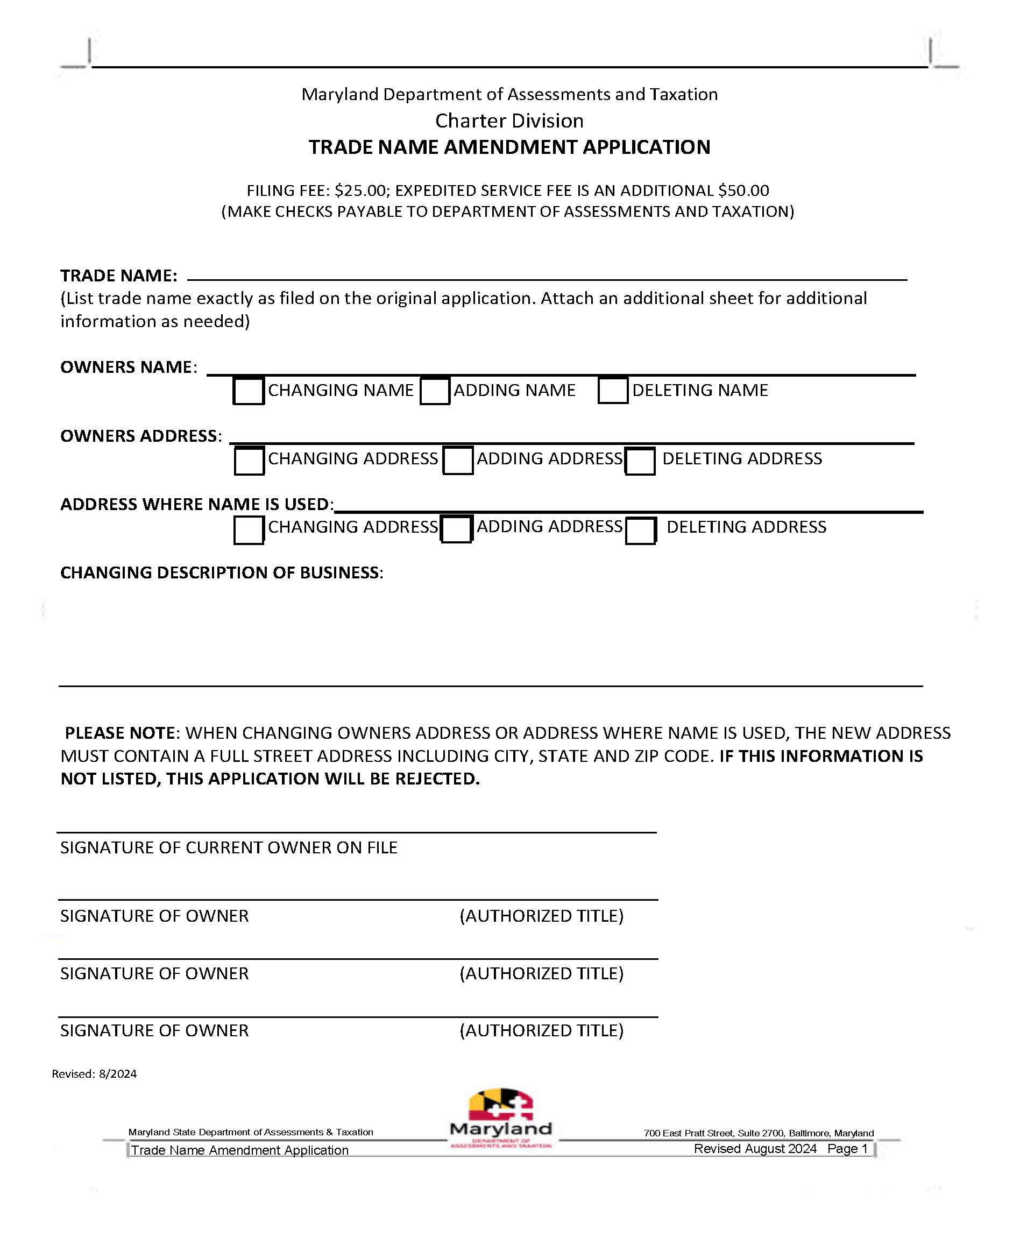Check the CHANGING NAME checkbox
click(x=248, y=391)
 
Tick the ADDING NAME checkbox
click(x=435, y=391)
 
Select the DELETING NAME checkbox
click(x=612, y=391)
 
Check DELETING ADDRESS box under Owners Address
click(x=639, y=461)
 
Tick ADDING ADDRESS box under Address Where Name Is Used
click(x=456, y=529)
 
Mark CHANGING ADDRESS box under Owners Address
click(x=249, y=461)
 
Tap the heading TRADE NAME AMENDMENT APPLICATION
click(x=509, y=147)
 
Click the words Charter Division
click(x=509, y=121)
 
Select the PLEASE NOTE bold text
click(x=121, y=733)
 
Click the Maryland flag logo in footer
click(x=501, y=1107)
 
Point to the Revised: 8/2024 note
click(x=94, y=1073)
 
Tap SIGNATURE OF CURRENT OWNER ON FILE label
click(x=229, y=847)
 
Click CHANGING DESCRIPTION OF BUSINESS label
click(x=222, y=573)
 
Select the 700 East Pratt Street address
click(x=758, y=1133)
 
